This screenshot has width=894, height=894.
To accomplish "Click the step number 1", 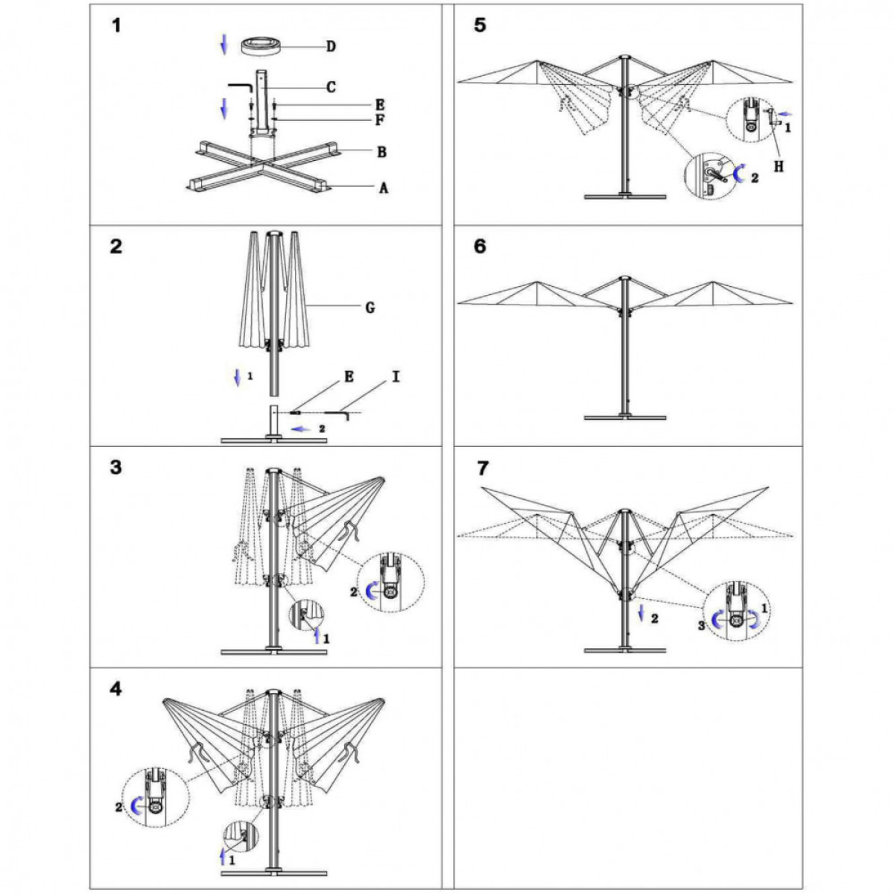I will [115, 26].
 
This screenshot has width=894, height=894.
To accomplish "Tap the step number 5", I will [480, 25].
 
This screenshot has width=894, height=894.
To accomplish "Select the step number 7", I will [482, 469].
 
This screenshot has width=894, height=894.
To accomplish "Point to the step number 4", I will [115, 689].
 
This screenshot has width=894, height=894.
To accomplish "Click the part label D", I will [331, 47].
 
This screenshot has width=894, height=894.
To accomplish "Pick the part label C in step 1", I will [331, 87].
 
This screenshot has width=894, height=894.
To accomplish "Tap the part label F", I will [380, 120].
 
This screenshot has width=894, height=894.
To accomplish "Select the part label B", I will [381, 153].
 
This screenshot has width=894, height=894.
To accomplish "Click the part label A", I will [384, 188].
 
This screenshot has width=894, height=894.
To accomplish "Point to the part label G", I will [370, 307].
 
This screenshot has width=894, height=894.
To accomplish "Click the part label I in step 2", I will [396, 377].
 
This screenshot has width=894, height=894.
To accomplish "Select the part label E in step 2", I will [349, 377].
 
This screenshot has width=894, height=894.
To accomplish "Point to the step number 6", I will [480, 247].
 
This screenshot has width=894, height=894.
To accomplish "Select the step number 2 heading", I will [115, 247].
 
